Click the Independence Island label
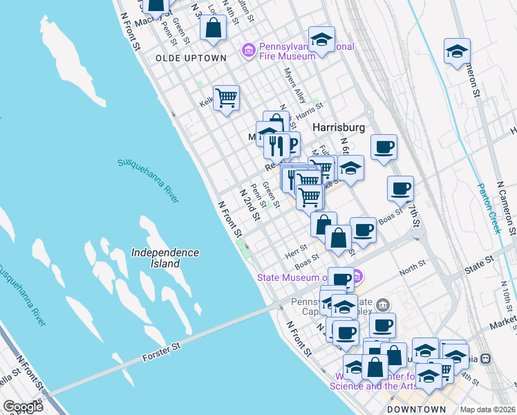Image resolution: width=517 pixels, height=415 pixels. (165, 258)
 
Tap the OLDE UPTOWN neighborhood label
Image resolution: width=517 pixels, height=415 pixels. (191, 58)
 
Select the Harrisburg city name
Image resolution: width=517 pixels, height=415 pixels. (338, 128)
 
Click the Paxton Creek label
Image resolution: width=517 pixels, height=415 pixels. (489, 208)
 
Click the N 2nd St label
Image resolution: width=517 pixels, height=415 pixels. (249, 205)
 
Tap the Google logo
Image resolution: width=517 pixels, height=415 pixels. (23, 407)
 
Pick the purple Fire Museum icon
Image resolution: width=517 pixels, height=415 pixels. (248, 50)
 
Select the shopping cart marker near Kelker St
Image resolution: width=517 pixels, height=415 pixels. (226, 99)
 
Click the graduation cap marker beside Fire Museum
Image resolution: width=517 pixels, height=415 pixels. (321, 40)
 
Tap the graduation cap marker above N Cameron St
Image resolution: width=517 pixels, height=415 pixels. (456, 51)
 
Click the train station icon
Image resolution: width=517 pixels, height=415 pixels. (486, 358)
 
